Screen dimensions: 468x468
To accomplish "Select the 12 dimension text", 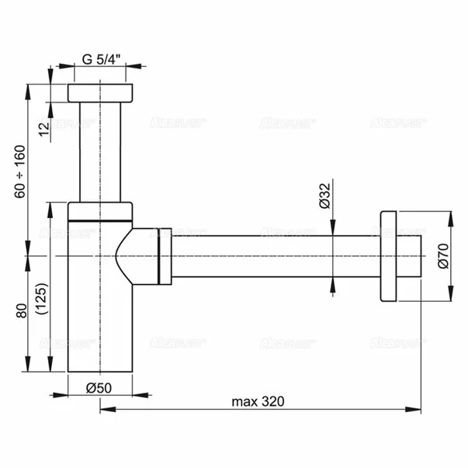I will pyautogui.click(x=44, y=126).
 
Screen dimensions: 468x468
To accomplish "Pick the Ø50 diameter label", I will pyautogui.click(x=100, y=386).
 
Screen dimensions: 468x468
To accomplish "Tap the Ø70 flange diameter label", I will pyautogui.click(x=442, y=255).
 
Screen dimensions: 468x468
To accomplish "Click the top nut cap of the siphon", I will pyautogui.click(x=101, y=92).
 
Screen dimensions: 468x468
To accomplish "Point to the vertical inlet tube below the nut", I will pyautogui.click(x=101, y=151).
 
